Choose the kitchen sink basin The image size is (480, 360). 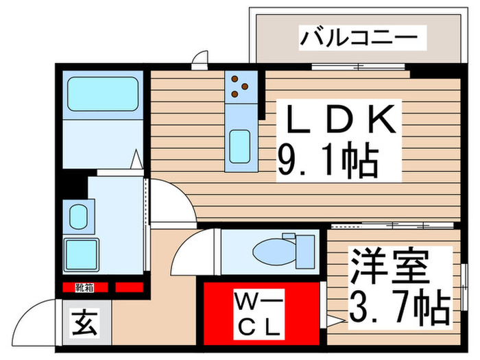pos(239,146)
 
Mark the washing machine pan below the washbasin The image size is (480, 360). pos(81,254)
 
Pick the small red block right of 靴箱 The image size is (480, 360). pos(129,287)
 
